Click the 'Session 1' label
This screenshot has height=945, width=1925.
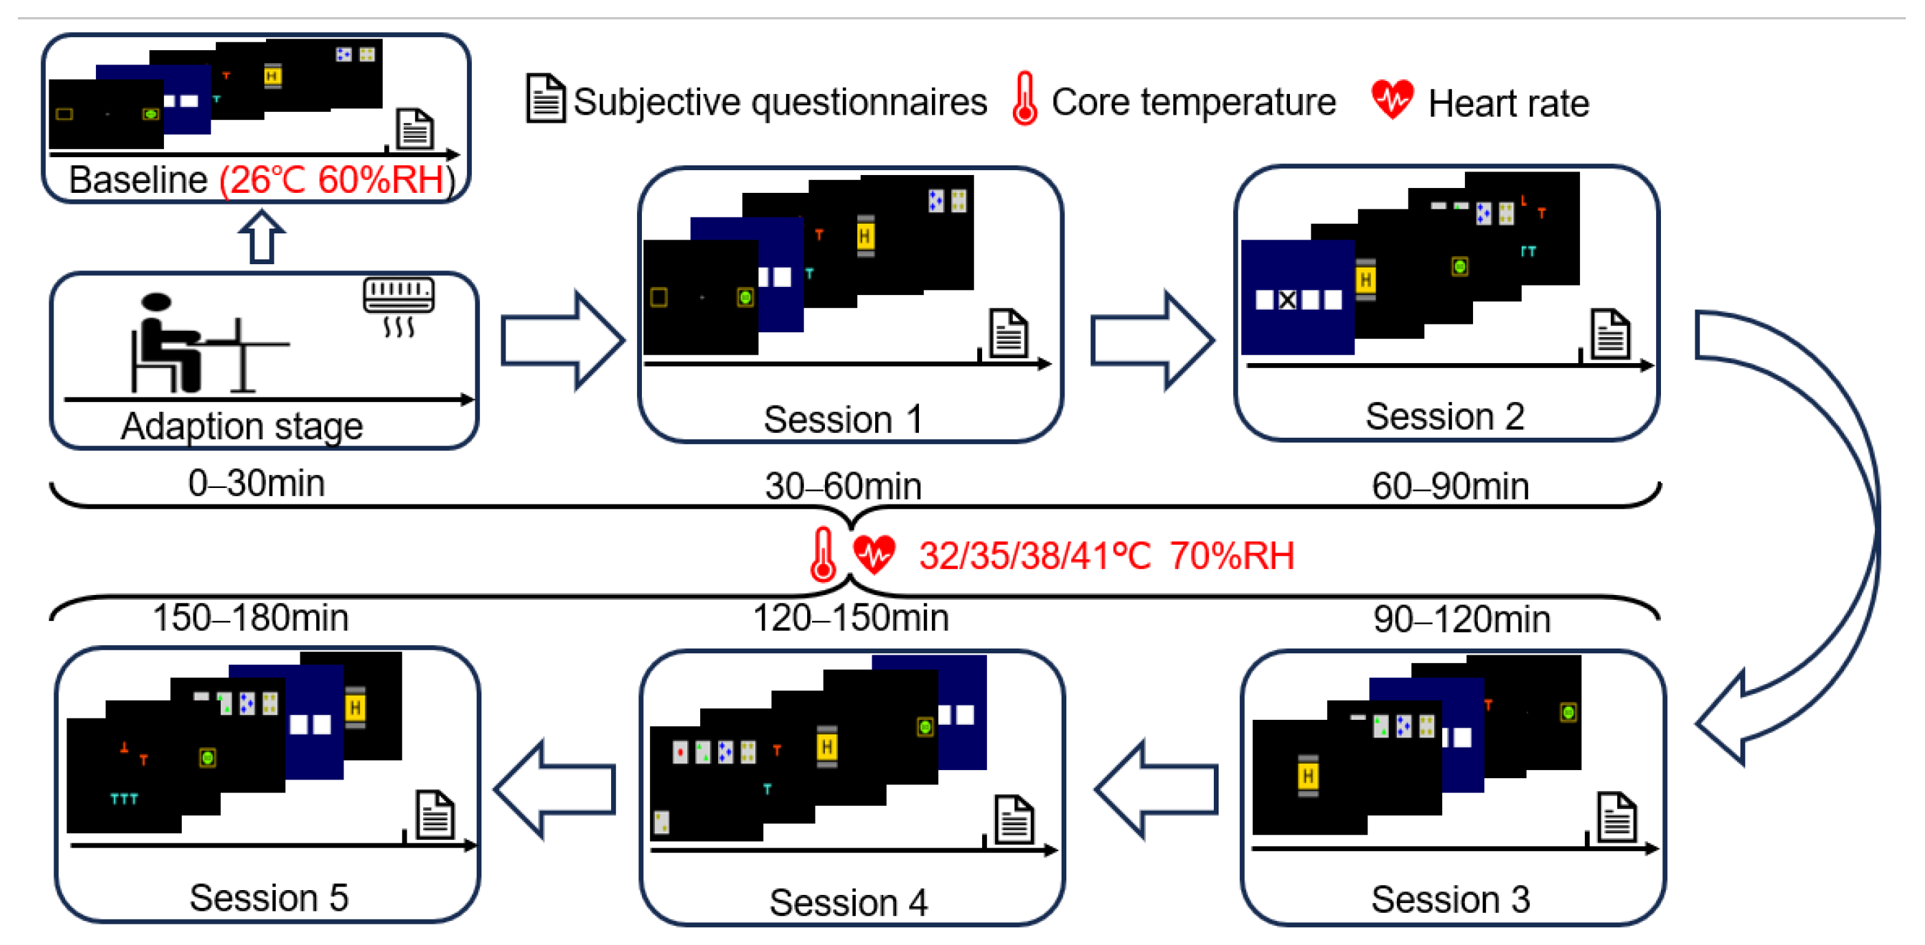pyautogui.click(x=842, y=419)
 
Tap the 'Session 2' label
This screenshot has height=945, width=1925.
pyautogui.click(x=1444, y=417)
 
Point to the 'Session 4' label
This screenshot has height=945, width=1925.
pyautogui.click(x=848, y=902)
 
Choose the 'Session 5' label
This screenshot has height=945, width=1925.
pyautogui.click(x=268, y=897)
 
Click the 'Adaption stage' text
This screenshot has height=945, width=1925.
pyautogui.click(x=242, y=426)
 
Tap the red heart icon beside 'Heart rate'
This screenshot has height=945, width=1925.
pyautogui.click(x=1391, y=100)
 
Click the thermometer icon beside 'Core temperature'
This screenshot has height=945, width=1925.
pyautogui.click(x=1025, y=99)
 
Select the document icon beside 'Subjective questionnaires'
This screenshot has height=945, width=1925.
pyautogui.click(x=545, y=99)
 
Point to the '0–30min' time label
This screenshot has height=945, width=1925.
pyautogui.click(x=256, y=483)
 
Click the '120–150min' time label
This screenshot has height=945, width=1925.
pyautogui.click(x=850, y=618)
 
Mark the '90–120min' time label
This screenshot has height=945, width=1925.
pyautogui.click(x=1461, y=619)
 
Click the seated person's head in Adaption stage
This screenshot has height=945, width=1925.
pyautogui.click(x=156, y=302)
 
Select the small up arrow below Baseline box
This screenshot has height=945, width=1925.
pyautogui.click(x=261, y=237)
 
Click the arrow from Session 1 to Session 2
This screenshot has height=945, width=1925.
pyautogui.click(x=1151, y=341)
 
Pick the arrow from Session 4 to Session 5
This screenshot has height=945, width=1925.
pyautogui.click(x=555, y=789)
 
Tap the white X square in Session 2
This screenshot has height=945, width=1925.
pyautogui.click(x=1287, y=301)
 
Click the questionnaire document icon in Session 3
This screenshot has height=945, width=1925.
pyautogui.click(x=1616, y=817)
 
